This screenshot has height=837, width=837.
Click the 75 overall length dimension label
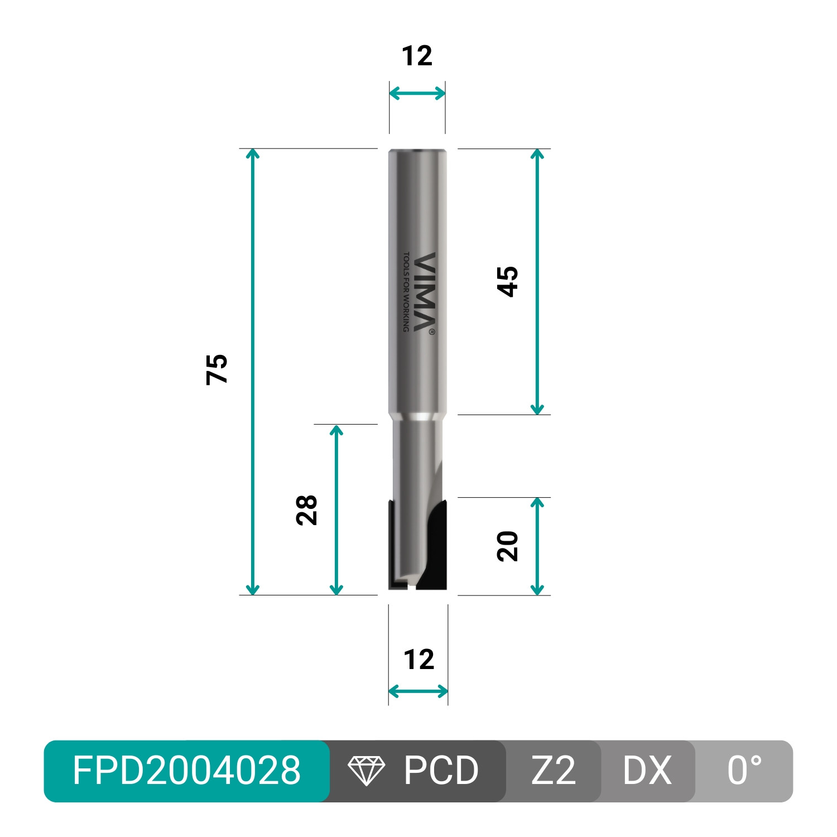(x=217, y=369)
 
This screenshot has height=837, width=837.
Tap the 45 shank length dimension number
(x=508, y=281)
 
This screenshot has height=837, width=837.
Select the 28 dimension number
(x=307, y=509)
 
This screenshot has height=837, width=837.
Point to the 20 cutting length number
(x=508, y=546)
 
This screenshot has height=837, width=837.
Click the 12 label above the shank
(x=417, y=56)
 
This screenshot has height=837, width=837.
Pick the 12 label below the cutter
(x=419, y=660)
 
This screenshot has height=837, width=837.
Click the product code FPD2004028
(x=186, y=771)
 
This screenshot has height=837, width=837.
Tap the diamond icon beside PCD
(x=366, y=771)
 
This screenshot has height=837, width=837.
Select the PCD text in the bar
(x=441, y=771)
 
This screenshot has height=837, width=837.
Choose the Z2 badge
(x=553, y=771)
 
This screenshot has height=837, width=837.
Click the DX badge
(x=647, y=771)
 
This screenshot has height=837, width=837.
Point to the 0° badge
(x=744, y=771)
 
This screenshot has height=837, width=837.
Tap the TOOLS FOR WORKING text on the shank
(x=406, y=291)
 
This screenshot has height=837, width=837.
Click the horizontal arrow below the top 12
(x=417, y=93)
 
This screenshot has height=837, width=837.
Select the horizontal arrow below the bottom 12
(x=418, y=692)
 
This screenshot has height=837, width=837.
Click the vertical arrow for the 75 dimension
(x=253, y=372)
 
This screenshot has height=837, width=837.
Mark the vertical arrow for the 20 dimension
(x=537, y=546)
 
